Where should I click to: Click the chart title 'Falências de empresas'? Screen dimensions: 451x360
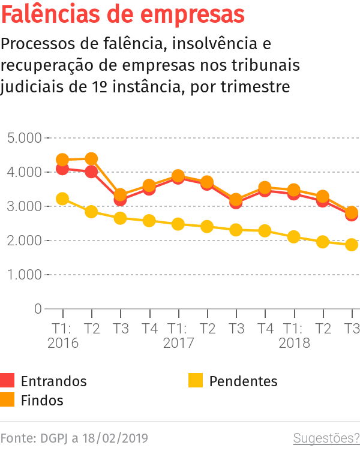click(x=123, y=14)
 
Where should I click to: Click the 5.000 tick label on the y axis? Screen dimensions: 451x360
click(x=25, y=138)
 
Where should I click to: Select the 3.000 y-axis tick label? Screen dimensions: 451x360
click(x=25, y=206)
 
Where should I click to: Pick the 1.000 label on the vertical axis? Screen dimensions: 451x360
click(x=25, y=275)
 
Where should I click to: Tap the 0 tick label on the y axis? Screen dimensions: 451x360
click(x=38, y=309)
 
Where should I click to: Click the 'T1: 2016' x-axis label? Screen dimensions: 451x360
click(x=62, y=336)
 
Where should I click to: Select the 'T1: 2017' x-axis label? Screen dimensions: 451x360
click(x=178, y=336)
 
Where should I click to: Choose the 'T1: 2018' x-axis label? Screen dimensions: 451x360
click(x=294, y=336)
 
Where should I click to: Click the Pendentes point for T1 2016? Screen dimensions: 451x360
click(x=62, y=199)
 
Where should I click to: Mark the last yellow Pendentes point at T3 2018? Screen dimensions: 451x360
click(x=352, y=245)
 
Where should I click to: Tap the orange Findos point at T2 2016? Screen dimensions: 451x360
click(x=91, y=159)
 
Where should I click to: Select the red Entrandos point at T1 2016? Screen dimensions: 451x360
click(x=62, y=169)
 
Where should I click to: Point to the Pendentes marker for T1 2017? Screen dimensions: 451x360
click(x=178, y=224)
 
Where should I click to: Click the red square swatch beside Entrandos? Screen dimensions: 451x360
click(x=7, y=380)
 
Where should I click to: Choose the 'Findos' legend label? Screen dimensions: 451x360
click(x=42, y=400)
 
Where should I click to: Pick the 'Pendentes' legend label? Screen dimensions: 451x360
click(x=243, y=381)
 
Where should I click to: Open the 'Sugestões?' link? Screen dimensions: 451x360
click(x=326, y=438)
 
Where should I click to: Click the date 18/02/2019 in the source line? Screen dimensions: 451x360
click(x=115, y=438)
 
